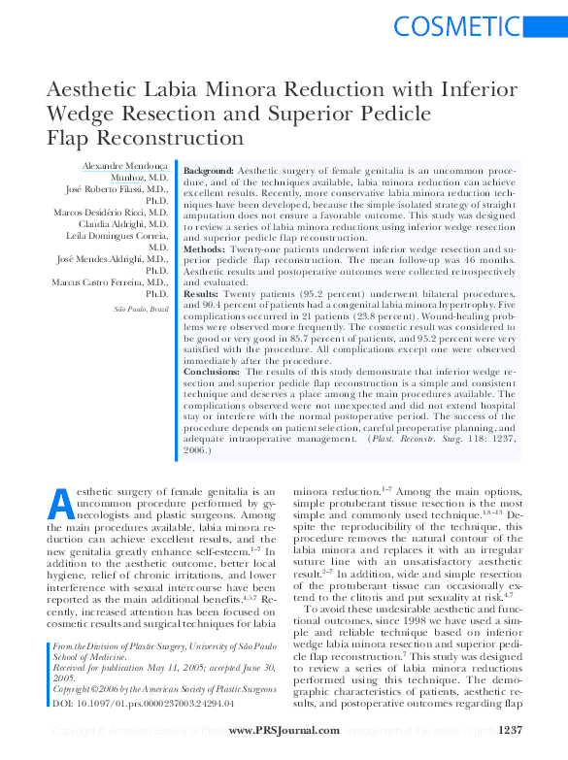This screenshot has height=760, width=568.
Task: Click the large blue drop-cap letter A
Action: (60, 504)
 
